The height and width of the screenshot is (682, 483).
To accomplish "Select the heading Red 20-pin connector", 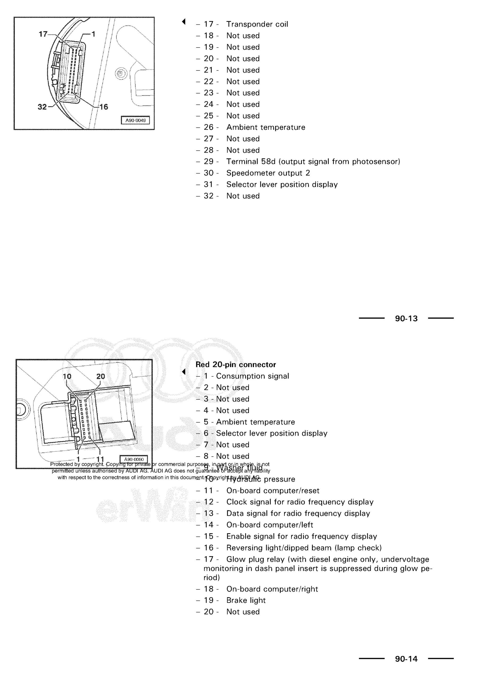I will point(236,365).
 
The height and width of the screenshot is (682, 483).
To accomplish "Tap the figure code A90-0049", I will point(135,120).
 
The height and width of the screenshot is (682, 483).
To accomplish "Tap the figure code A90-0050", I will point(134,459).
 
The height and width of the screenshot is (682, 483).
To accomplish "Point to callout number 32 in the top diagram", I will point(42,107).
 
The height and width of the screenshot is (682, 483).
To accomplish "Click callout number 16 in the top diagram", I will point(104,107).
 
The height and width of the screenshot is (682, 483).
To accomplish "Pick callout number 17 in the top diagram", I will point(43,34).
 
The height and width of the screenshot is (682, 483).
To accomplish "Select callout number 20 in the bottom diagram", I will point(100,376).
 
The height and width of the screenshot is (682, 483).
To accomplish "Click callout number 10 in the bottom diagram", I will point(67,376).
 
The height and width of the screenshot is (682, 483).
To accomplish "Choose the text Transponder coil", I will point(257,24).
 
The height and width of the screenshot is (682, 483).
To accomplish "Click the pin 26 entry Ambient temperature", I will point(266,127).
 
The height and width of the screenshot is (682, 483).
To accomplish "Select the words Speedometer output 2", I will point(268,173).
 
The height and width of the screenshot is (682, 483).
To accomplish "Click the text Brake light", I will point(246,600).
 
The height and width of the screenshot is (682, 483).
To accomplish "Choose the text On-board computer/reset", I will point(273,491).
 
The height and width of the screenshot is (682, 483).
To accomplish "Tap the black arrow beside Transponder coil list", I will point(184,21).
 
